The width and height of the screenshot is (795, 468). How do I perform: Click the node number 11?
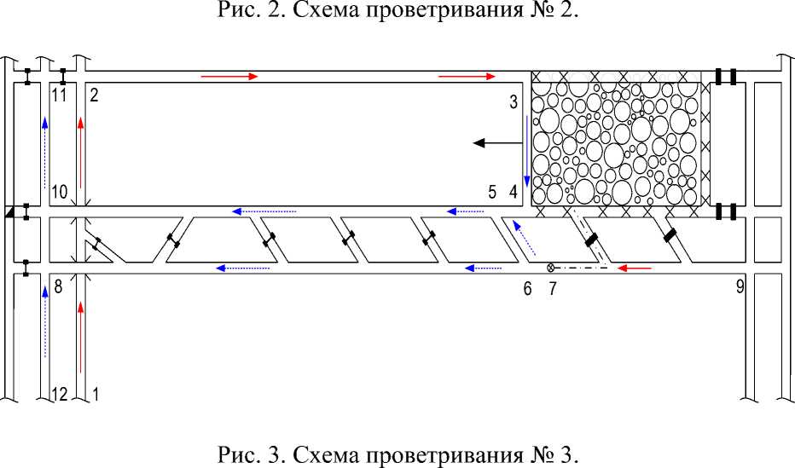click(60, 95)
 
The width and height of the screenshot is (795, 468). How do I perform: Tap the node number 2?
click(94, 95)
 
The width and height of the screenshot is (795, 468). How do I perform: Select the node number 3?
click(514, 103)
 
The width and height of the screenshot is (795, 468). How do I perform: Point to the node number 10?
click(59, 193)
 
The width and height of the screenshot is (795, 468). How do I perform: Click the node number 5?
click(493, 193)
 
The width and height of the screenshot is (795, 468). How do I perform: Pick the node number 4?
click(514, 193)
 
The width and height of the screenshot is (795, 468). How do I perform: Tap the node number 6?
click(528, 289)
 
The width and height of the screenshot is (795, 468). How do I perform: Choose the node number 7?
click(552, 289)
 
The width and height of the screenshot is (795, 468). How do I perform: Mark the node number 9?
click(740, 287)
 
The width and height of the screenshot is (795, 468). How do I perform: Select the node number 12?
click(59, 394)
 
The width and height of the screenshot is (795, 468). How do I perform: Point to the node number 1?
click(95, 394)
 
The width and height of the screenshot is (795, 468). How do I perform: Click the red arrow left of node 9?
click(635, 268)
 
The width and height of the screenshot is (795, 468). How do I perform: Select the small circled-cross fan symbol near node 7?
click(551, 265)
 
